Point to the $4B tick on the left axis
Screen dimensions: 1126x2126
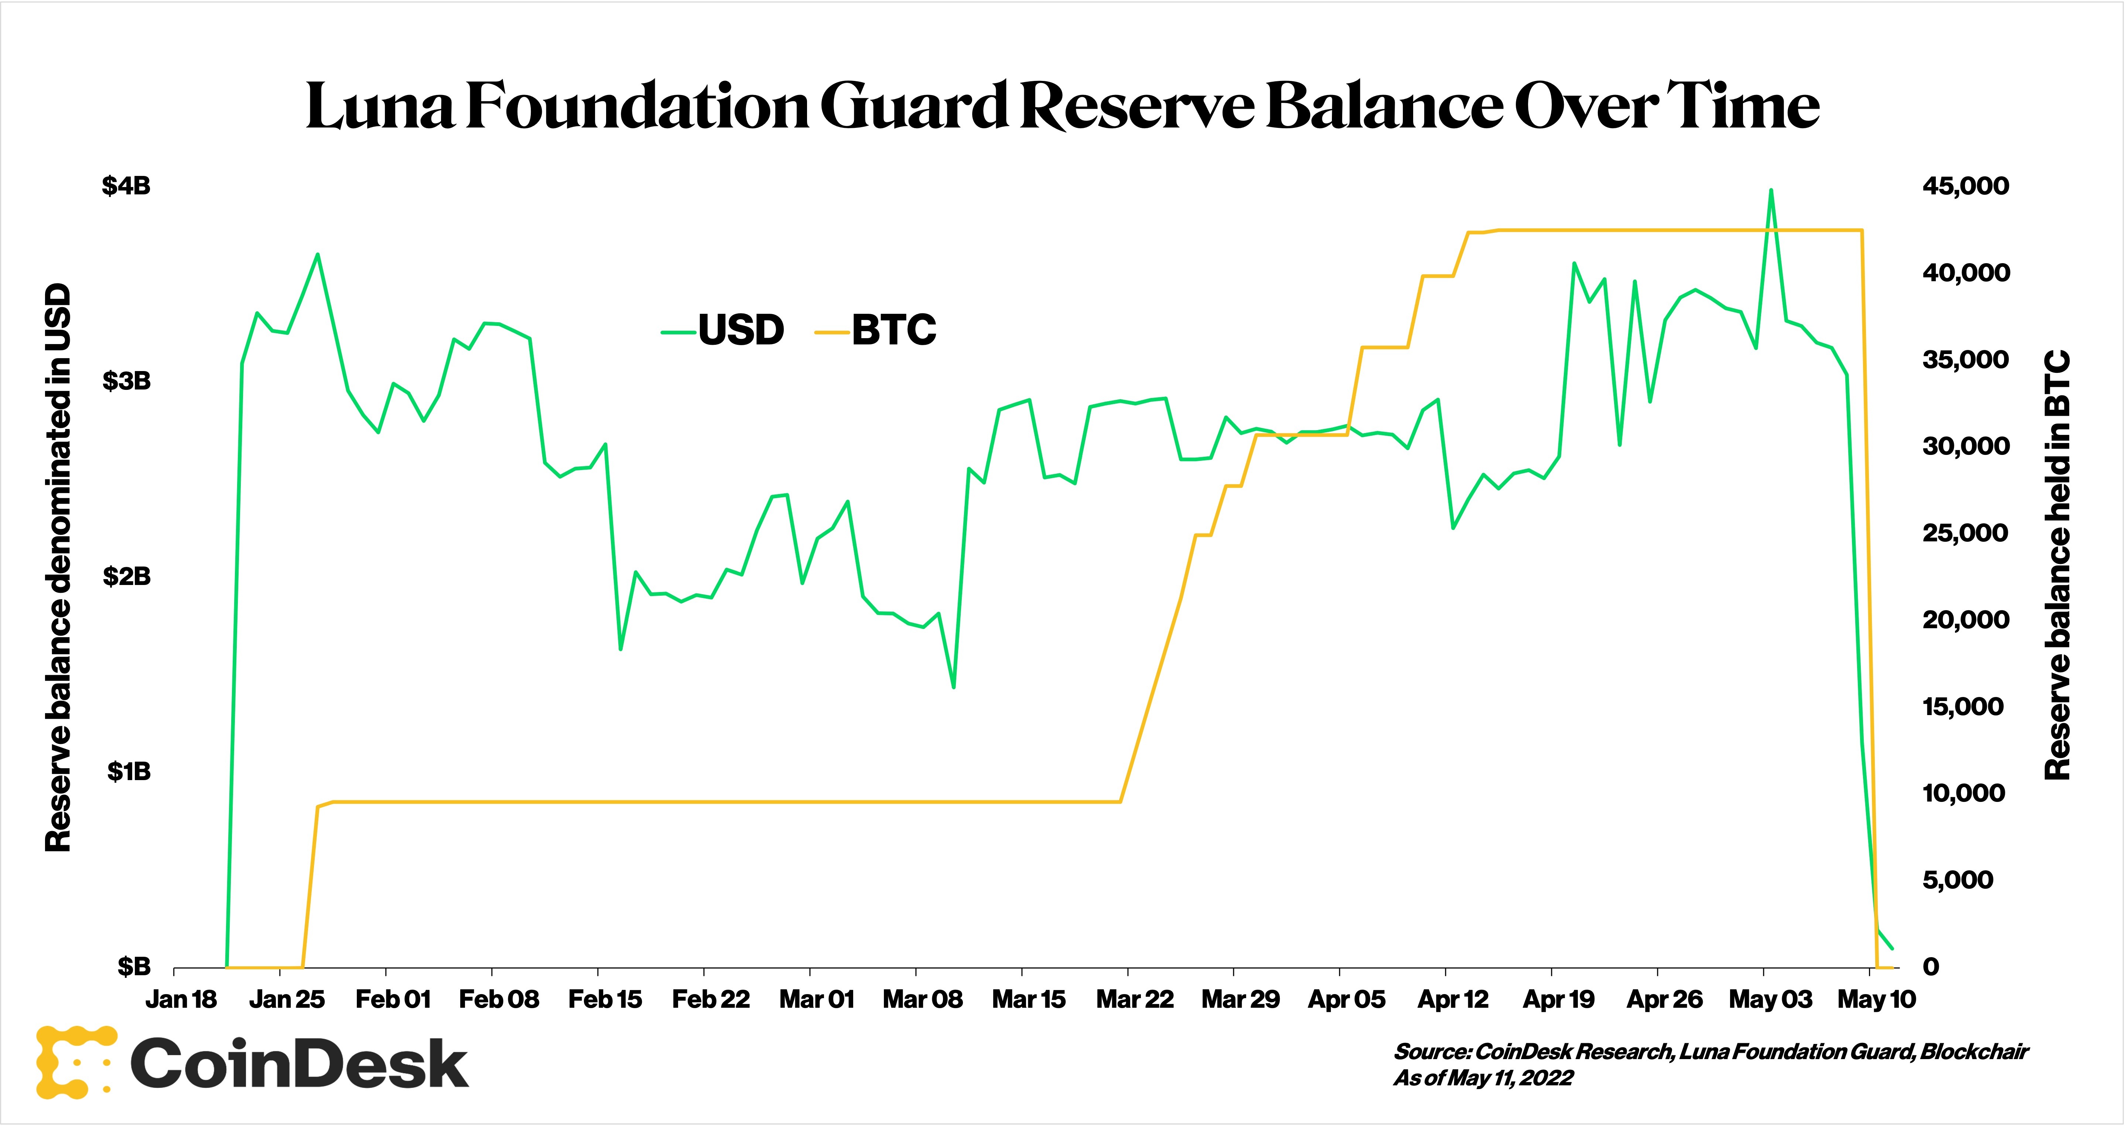(x=126, y=186)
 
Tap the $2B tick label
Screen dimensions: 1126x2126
(x=126, y=576)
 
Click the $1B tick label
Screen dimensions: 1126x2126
(x=129, y=771)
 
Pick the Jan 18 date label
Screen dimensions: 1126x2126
(x=181, y=1000)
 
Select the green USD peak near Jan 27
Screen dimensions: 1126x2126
(x=318, y=254)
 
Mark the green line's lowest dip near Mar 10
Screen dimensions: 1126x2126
(x=954, y=687)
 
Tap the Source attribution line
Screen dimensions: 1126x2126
(x=1710, y=1052)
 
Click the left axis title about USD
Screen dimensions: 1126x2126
(x=58, y=568)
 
